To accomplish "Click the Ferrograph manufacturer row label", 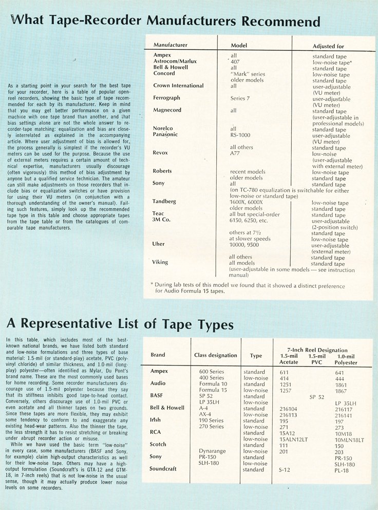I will (x=168, y=98).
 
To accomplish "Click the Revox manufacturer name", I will (x=160, y=153).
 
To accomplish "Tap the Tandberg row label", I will (x=165, y=201).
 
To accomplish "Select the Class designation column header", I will (x=216, y=355).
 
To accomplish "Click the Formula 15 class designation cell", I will (x=212, y=390).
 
